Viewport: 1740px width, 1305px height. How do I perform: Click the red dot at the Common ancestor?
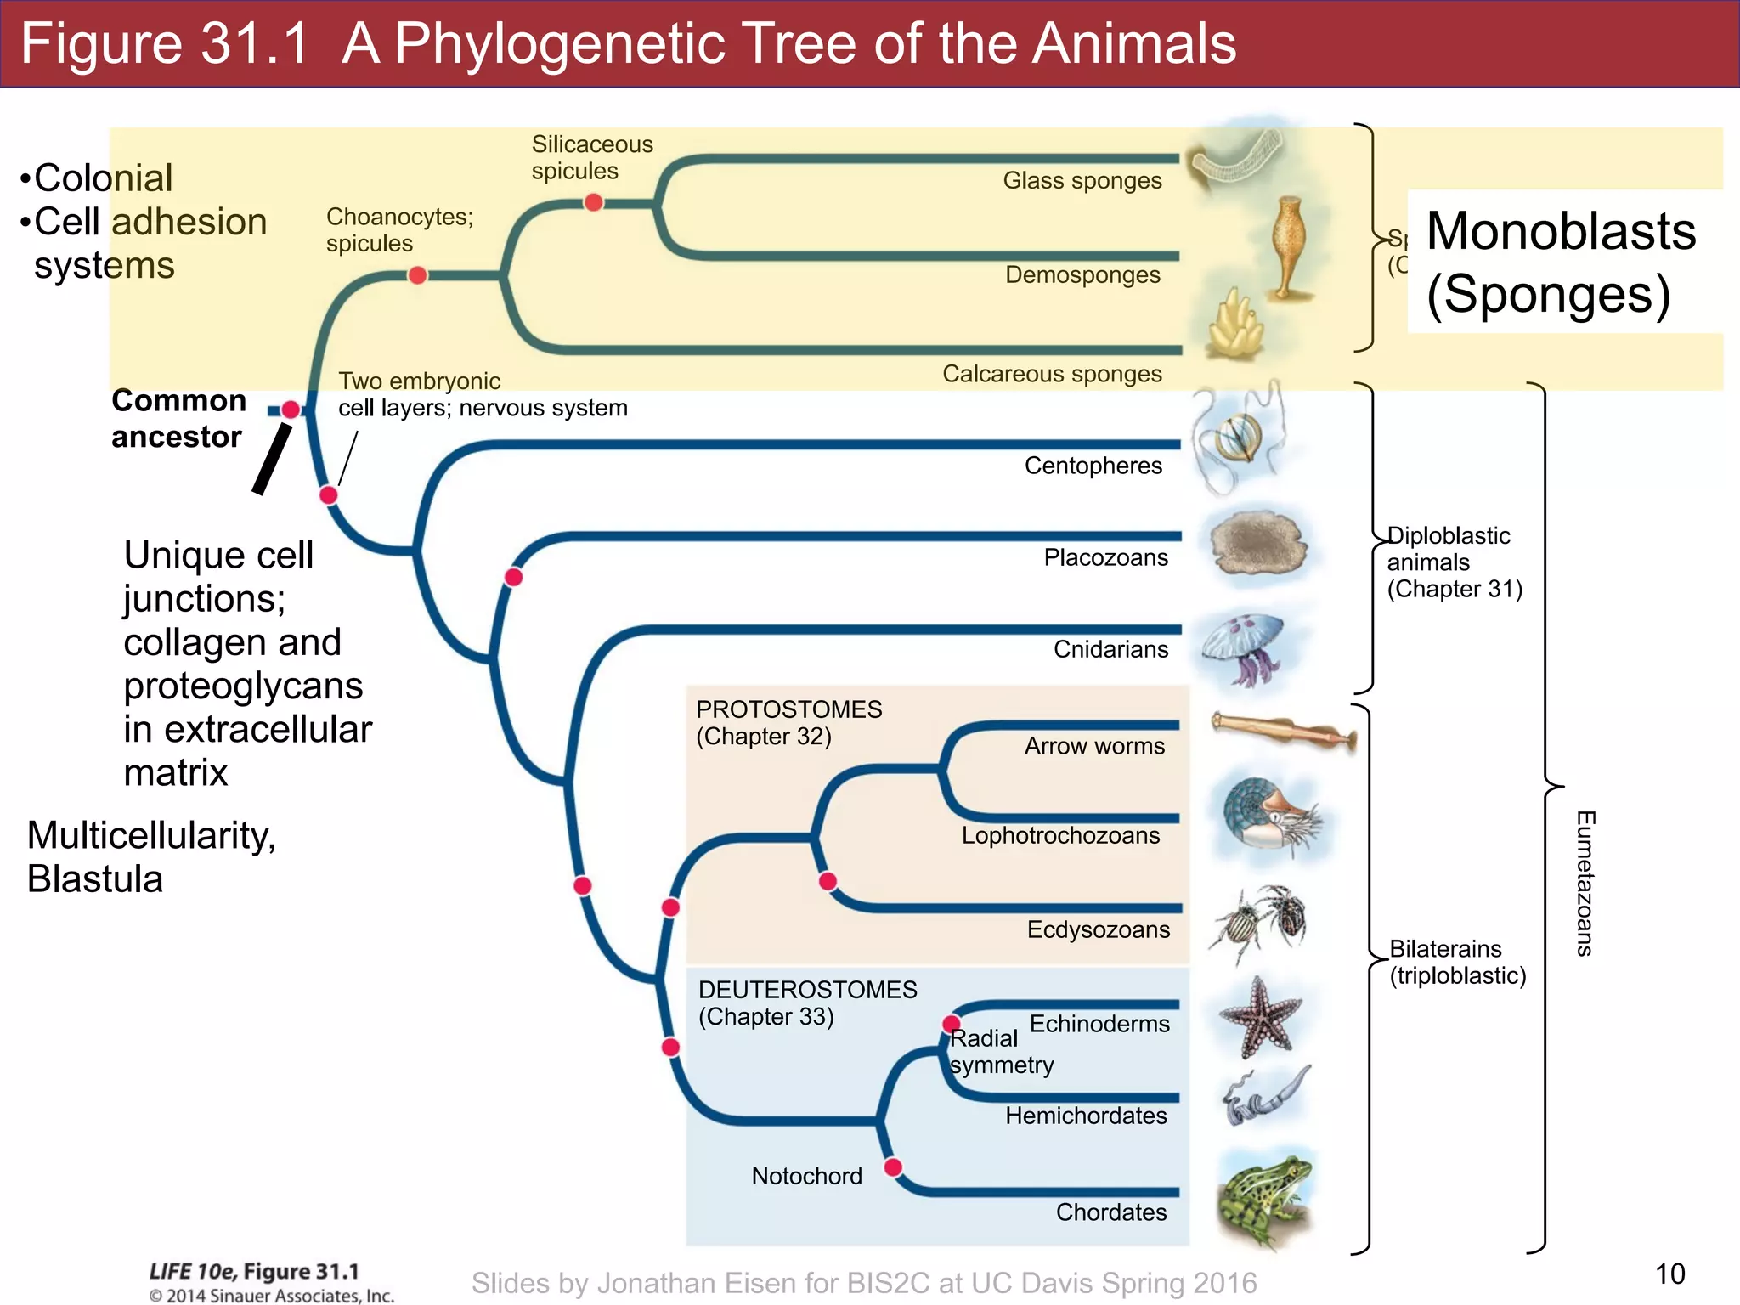[291, 410]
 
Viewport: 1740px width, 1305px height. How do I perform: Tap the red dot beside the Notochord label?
[893, 1167]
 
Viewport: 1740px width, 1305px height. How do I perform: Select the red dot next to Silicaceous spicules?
[594, 202]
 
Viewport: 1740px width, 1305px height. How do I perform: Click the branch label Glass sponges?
[1082, 181]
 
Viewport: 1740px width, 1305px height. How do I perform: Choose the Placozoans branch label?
[1105, 557]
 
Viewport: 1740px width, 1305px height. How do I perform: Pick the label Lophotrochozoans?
[1060, 835]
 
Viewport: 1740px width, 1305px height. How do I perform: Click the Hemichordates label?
[1086, 1116]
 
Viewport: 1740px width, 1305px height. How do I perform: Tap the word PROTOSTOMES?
[788, 709]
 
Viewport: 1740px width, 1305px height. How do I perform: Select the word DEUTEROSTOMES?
[807, 990]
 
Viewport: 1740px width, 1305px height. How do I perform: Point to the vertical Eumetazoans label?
[1585, 884]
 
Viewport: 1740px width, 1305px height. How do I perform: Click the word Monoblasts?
[1561, 231]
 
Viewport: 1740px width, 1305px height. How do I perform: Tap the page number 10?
[1669, 1274]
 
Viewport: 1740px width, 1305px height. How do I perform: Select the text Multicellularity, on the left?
[151, 835]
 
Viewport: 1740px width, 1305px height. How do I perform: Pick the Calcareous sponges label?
[1052, 374]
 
